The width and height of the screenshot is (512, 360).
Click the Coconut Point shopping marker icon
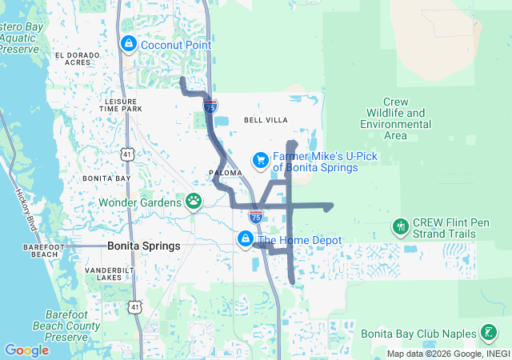click(128, 44)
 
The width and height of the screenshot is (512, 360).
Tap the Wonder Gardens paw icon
click(194, 201)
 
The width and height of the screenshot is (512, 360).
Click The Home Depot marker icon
click(246, 238)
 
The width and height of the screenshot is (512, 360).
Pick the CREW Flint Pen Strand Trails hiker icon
click(400, 227)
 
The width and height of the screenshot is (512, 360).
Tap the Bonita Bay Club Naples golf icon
click(488, 332)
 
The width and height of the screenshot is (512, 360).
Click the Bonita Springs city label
click(144, 246)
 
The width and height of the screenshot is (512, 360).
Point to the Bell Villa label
click(265, 120)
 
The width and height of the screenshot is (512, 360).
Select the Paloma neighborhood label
click(225, 172)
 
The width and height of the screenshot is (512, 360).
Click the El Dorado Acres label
click(78, 58)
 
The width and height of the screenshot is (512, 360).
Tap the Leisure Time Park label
click(123, 105)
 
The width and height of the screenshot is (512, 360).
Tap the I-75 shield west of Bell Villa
click(210, 106)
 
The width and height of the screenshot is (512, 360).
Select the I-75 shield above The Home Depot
click(256, 216)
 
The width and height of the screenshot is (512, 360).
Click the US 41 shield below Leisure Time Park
click(128, 153)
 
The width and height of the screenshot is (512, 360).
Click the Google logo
click(26, 350)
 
